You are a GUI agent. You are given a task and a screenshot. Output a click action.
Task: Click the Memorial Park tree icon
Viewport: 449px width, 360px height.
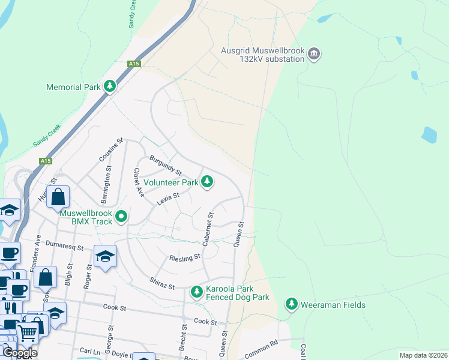click(x=109, y=87)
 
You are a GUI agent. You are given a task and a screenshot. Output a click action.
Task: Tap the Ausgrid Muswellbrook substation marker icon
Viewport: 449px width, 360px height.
click(x=313, y=55)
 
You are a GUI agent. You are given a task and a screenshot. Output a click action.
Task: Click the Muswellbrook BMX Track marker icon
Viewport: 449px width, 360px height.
click(x=122, y=216)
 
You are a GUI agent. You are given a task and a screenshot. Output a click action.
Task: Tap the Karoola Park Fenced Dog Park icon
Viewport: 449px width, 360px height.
click(x=196, y=292)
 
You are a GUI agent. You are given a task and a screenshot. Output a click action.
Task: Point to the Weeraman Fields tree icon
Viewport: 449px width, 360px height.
click(x=292, y=305)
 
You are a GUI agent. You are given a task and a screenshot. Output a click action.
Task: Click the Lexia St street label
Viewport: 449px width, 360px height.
click(x=168, y=199)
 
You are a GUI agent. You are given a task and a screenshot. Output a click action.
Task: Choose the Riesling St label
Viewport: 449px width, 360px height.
click(x=184, y=257)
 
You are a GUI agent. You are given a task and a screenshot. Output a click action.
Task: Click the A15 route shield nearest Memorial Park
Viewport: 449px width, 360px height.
click(x=133, y=63)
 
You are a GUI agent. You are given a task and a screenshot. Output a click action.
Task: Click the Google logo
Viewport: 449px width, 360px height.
click(x=19, y=353)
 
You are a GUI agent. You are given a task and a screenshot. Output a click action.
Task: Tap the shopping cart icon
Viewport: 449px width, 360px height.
click(x=27, y=332)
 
